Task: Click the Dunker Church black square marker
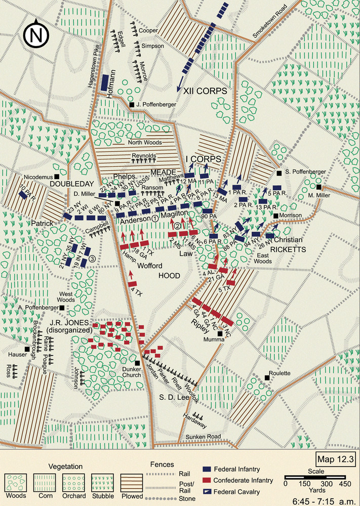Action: coord(137,363)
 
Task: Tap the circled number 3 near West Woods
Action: coord(92,259)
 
